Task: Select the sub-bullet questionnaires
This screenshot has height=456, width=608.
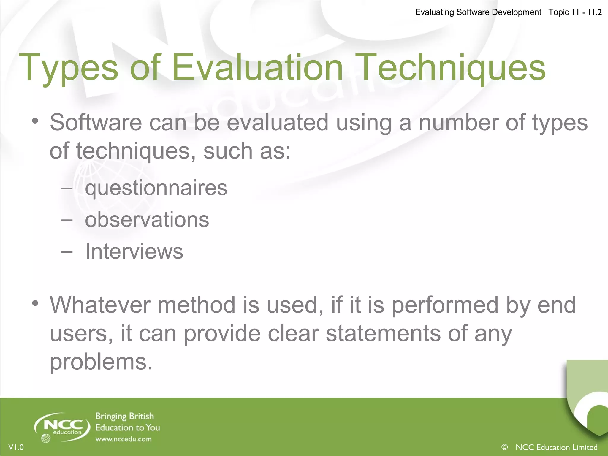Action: pos(156,188)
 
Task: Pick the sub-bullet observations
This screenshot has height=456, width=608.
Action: pos(147,220)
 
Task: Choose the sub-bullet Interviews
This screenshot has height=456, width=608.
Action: pos(134,251)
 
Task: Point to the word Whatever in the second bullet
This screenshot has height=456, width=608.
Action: pos(100,305)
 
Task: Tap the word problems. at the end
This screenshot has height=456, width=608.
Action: pos(101,362)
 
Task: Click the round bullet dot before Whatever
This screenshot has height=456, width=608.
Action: pos(35,303)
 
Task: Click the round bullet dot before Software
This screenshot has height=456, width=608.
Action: pos(35,121)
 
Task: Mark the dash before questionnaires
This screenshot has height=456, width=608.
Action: pos(67,188)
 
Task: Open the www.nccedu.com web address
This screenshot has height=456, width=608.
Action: pos(123,439)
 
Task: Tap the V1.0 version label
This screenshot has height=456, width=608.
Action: pos(16,447)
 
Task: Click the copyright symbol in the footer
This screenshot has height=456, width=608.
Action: pos(504,447)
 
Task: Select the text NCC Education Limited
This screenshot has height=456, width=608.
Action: pos(556,447)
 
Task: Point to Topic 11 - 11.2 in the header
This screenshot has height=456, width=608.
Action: pos(575,12)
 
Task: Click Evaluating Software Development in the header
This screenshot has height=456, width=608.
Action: pos(478,12)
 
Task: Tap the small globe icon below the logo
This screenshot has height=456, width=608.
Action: pos(46,438)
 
